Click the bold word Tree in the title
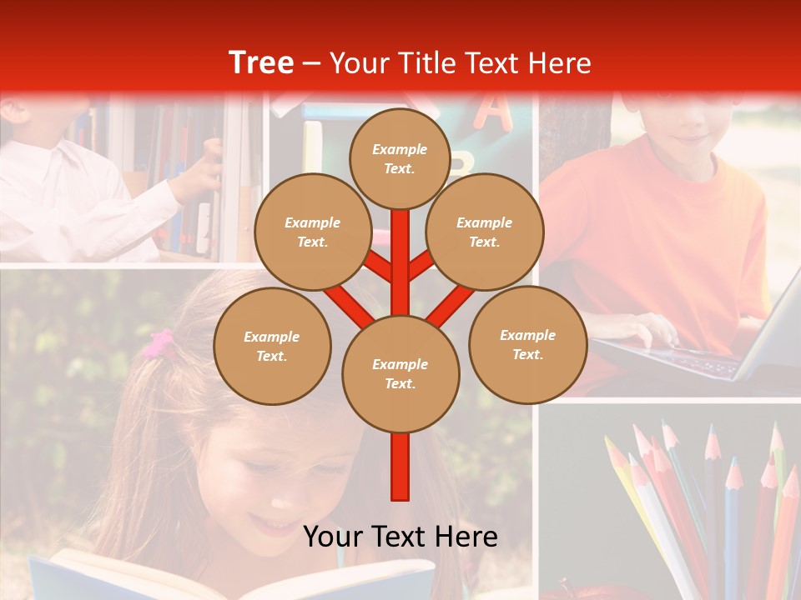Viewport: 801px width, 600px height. coord(261,62)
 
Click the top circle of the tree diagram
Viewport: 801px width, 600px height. coord(400,158)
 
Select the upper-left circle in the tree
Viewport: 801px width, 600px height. coord(313,232)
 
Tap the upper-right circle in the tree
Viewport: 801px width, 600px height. coord(485,232)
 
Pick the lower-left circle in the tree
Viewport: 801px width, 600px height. coord(272,346)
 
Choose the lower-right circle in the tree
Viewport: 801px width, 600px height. coord(527,344)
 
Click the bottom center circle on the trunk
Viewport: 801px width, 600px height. coord(400,373)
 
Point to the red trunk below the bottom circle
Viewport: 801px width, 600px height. coord(400,467)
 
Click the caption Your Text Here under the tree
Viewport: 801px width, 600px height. coord(400,537)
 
